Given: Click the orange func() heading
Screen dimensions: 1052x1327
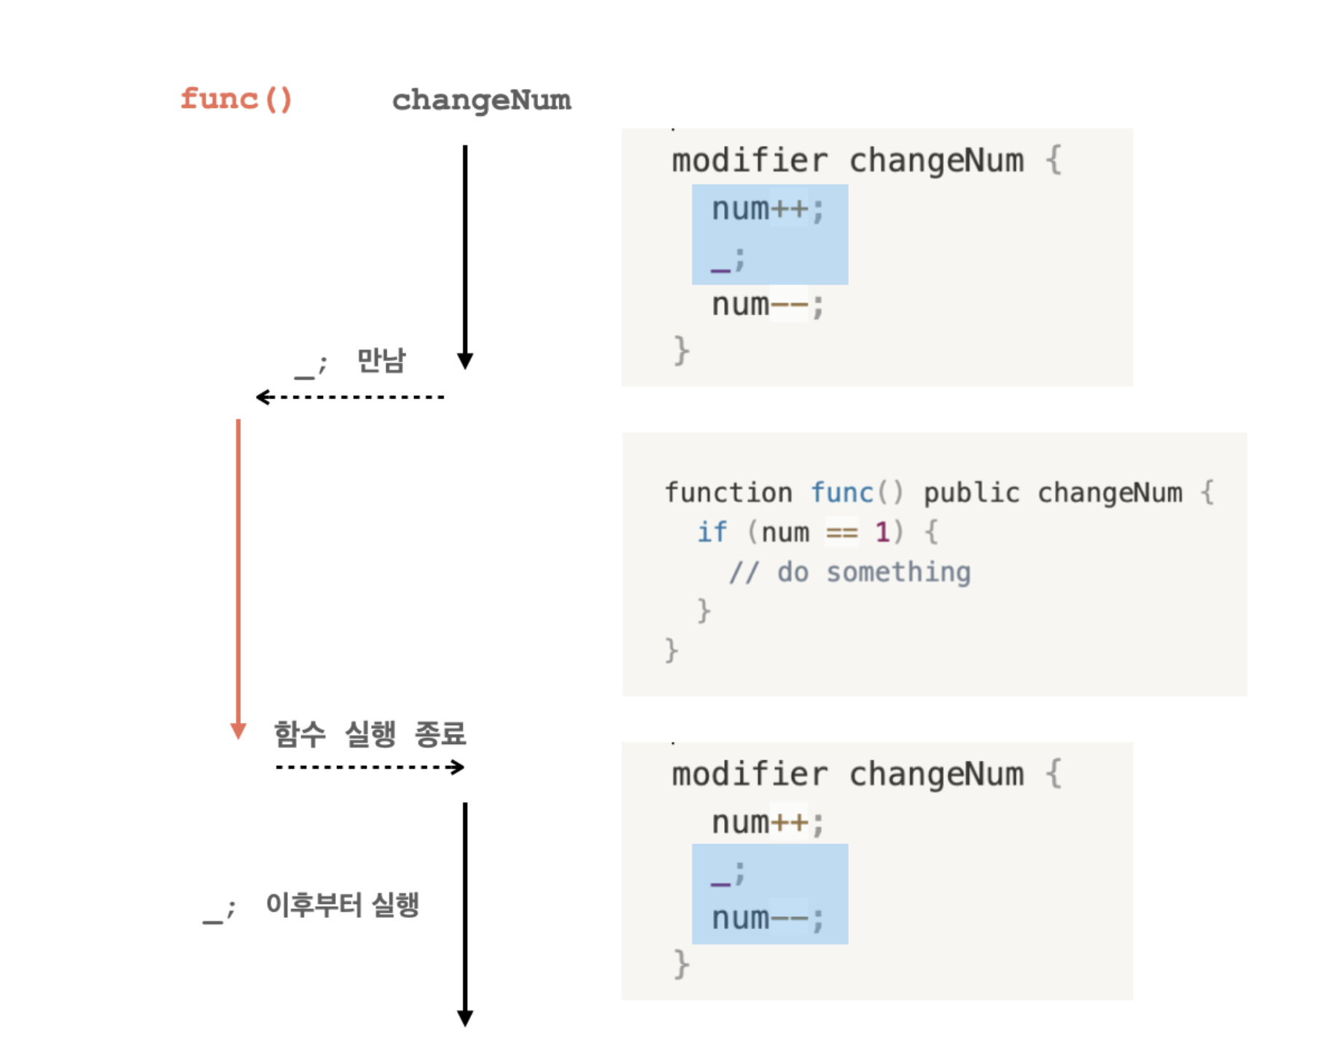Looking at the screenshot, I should click(x=236, y=99).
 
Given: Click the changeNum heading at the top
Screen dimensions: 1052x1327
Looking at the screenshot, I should click(x=481, y=101).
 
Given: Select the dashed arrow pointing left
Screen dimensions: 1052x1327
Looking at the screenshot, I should click(x=350, y=397).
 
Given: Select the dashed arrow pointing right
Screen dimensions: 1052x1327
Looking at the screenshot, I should click(x=370, y=767).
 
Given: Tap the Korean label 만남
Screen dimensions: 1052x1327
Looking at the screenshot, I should click(x=381, y=360).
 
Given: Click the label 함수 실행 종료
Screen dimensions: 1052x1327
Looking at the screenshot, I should click(x=370, y=734).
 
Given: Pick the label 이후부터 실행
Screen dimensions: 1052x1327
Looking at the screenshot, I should click(x=342, y=905).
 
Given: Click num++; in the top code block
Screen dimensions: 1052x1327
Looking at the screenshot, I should click(x=767, y=210).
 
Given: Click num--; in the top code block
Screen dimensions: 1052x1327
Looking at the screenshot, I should click(x=767, y=305).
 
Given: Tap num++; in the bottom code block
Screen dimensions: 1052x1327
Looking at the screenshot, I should click(x=767, y=823).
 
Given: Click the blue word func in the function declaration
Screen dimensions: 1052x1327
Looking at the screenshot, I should click(x=842, y=493).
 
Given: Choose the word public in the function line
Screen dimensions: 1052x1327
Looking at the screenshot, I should click(x=971, y=493).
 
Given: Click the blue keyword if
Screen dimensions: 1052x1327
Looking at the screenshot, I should click(x=712, y=533).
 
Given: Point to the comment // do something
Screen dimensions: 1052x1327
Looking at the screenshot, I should click(x=850, y=573).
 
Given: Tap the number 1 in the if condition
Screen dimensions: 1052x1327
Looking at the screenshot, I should click(x=882, y=533).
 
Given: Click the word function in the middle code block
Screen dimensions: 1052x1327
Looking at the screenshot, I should click(x=728, y=493).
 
